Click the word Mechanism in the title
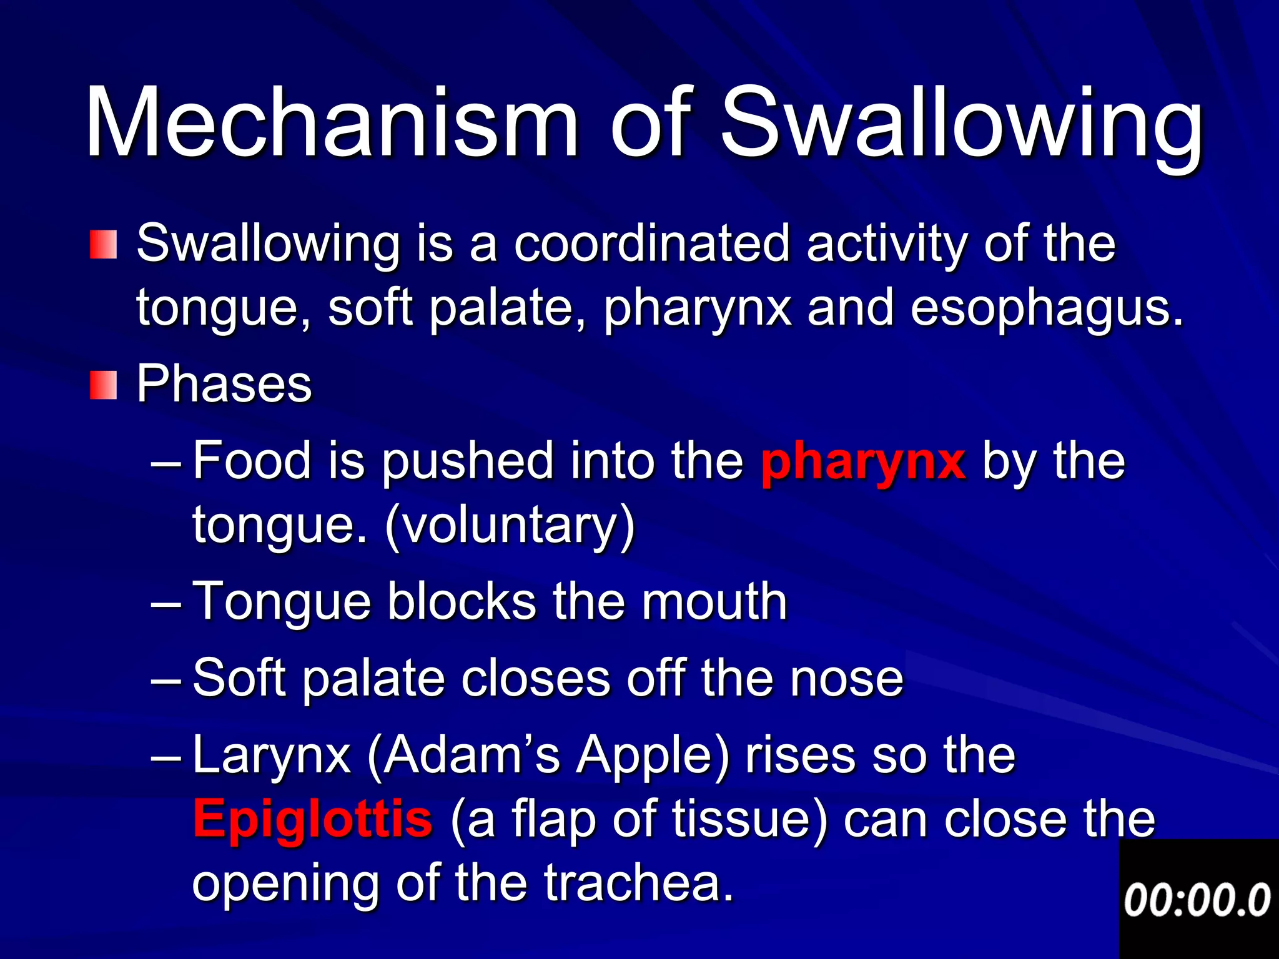(x=331, y=122)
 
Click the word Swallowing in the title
(x=962, y=125)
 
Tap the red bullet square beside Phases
(x=103, y=385)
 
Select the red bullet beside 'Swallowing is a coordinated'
(x=103, y=244)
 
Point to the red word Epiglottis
(x=312, y=819)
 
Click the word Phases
(x=224, y=383)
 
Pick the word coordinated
(x=653, y=243)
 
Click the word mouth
(x=714, y=601)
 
